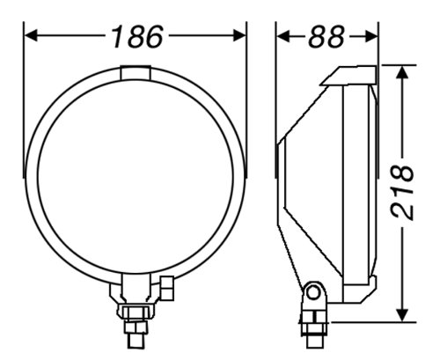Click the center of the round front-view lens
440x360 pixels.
tap(135, 174)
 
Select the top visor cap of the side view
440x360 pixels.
tap(349, 75)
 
